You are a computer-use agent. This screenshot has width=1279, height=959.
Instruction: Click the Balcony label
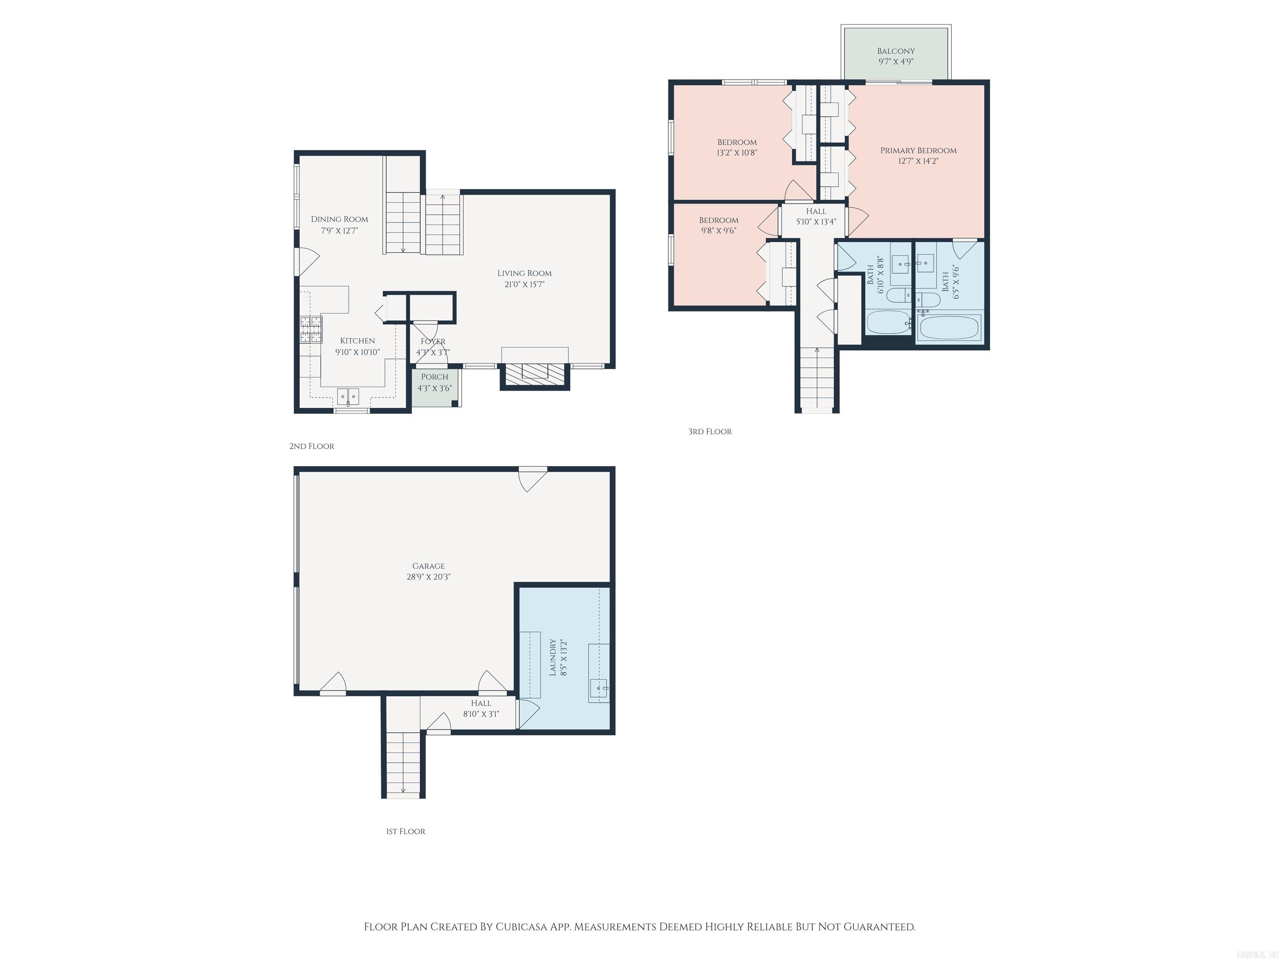coord(896,51)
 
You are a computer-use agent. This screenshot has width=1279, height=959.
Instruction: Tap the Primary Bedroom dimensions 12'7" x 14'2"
coord(918,161)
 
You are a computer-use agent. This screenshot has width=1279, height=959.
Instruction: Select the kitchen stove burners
coord(311,330)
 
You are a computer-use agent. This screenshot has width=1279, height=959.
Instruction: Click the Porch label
coord(434,377)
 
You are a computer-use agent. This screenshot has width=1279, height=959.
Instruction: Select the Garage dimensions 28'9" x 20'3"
coord(428,577)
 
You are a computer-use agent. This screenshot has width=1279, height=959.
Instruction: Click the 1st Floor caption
coord(406,831)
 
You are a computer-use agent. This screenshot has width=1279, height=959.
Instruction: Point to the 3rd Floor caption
coord(709,431)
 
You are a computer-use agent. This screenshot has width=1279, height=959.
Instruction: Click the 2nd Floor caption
coord(312,446)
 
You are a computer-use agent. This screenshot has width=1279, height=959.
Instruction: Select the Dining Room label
coord(339,219)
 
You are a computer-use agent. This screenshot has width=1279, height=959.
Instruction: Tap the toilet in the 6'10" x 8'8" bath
coord(898,296)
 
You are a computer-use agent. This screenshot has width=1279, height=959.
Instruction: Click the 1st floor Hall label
coord(480,703)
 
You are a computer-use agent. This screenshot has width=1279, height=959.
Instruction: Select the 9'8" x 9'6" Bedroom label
coord(718,220)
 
